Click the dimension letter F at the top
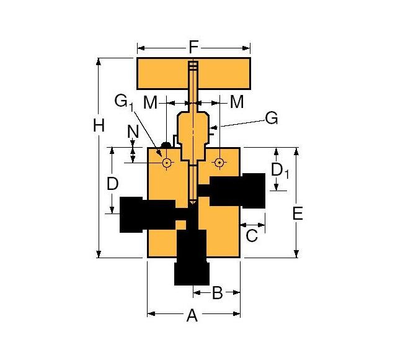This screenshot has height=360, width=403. pos(193,47)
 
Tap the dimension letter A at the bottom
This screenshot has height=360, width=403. pos(192,317)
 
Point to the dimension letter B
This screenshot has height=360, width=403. pos(217,293)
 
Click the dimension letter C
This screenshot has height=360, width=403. pos(252,235)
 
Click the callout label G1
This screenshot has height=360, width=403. pos(124,102)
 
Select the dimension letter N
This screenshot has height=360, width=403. pos(132,132)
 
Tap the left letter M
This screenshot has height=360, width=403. pos(151,102)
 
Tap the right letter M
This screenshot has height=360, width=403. pos(237,102)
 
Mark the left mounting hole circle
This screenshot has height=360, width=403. pos(166,163)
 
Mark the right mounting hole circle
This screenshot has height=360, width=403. pos(218,163)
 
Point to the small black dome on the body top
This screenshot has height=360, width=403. pos(166,145)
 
